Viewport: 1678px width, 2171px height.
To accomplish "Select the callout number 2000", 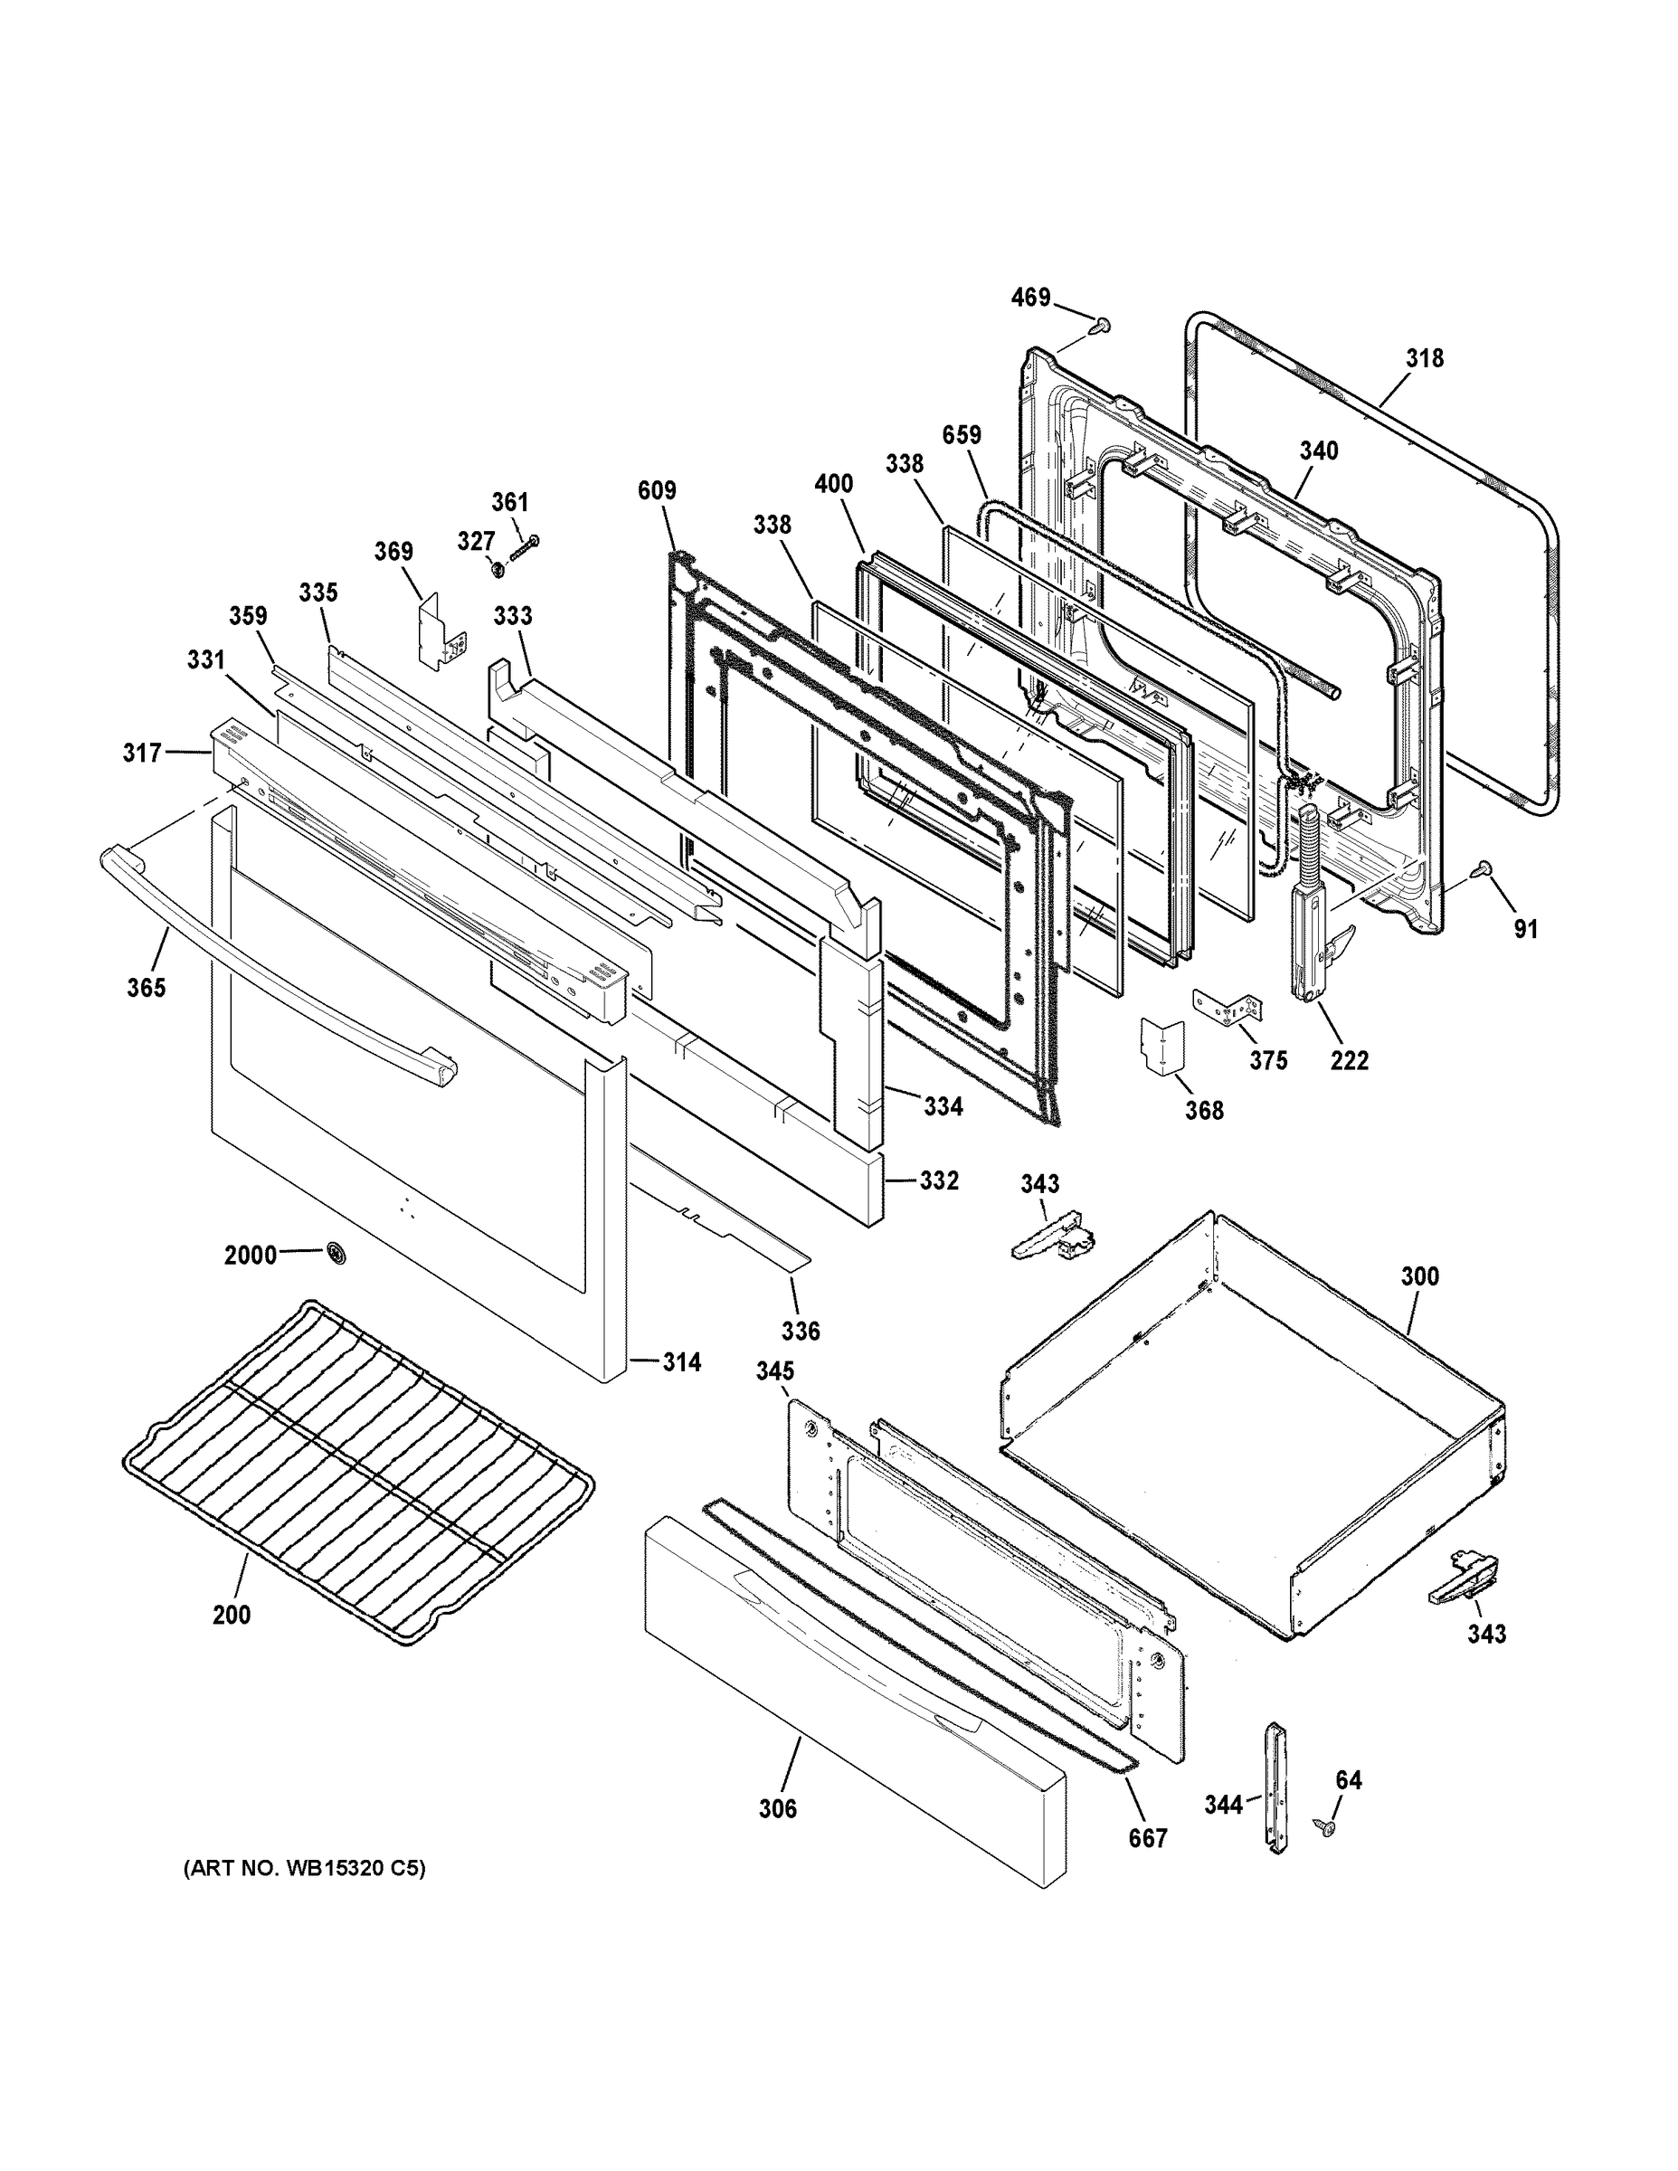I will click(250, 1256).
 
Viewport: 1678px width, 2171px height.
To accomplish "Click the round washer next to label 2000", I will click(338, 1255).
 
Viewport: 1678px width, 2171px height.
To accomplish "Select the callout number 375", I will click(1268, 1061).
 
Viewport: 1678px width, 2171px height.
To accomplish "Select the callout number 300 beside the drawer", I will click(1419, 1275).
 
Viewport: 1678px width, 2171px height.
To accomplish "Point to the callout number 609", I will click(657, 490).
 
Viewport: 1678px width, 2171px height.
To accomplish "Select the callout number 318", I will click(1425, 358).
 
